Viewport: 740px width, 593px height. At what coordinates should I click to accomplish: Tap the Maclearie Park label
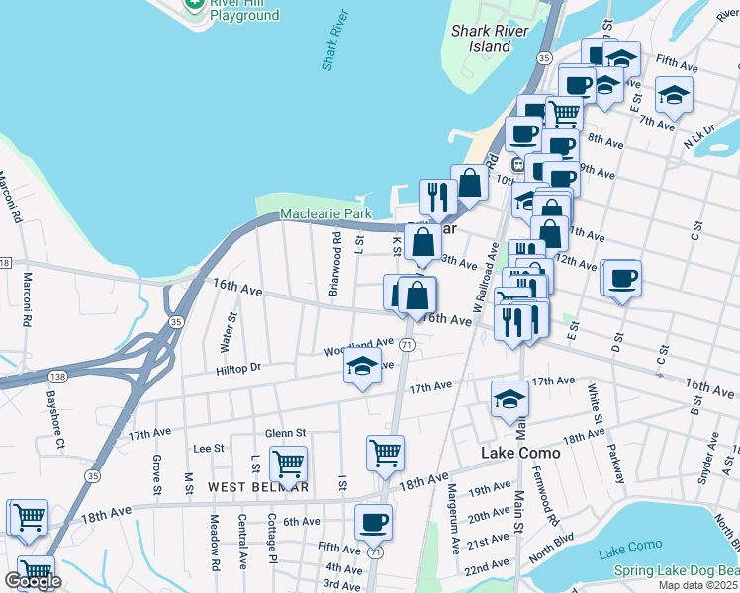pyautogui.click(x=325, y=213)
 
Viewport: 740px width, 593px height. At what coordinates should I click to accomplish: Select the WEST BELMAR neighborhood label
pyautogui.click(x=258, y=487)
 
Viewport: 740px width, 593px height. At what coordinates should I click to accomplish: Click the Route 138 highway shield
pyautogui.click(x=58, y=377)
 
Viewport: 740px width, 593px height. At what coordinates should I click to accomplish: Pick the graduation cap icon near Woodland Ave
pyautogui.click(x=363, y=367)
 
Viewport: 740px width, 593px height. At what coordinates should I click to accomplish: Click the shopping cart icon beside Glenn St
pyautogui.click(x=288, y=462)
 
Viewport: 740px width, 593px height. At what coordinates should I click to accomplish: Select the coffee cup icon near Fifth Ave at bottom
pyautogui.click(x=373, y=521)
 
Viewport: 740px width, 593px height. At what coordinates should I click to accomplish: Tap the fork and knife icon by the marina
pyautogui.click(x=436, y=197)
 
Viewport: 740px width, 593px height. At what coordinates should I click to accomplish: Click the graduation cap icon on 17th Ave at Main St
pyautogui.click(x=509, y=398)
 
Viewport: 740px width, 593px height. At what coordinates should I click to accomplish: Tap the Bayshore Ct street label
pyautogui.click(x=54, y=416)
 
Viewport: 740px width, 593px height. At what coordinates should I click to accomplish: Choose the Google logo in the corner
pyautogui.click(x=33, y=581)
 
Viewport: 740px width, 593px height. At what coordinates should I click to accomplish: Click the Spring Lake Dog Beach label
pyautogui.click(x=676, y=570)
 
